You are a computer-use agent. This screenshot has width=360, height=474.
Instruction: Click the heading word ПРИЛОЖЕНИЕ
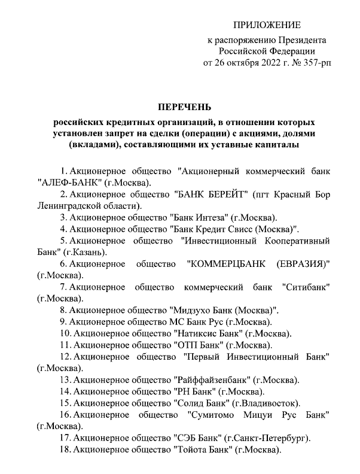pos(267,25)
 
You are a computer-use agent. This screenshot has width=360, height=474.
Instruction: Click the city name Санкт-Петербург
pos(278,438)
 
